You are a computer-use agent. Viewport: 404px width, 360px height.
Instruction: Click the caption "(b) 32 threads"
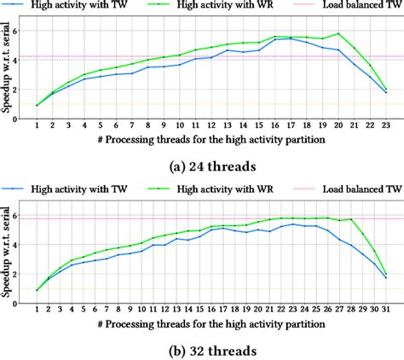pos(201,349)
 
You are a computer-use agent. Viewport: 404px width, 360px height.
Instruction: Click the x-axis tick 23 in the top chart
pos(386,127)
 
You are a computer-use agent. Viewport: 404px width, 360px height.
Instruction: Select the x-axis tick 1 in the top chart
pos(37,127)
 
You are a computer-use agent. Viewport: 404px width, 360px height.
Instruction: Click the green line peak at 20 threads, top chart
pos(338,34)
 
